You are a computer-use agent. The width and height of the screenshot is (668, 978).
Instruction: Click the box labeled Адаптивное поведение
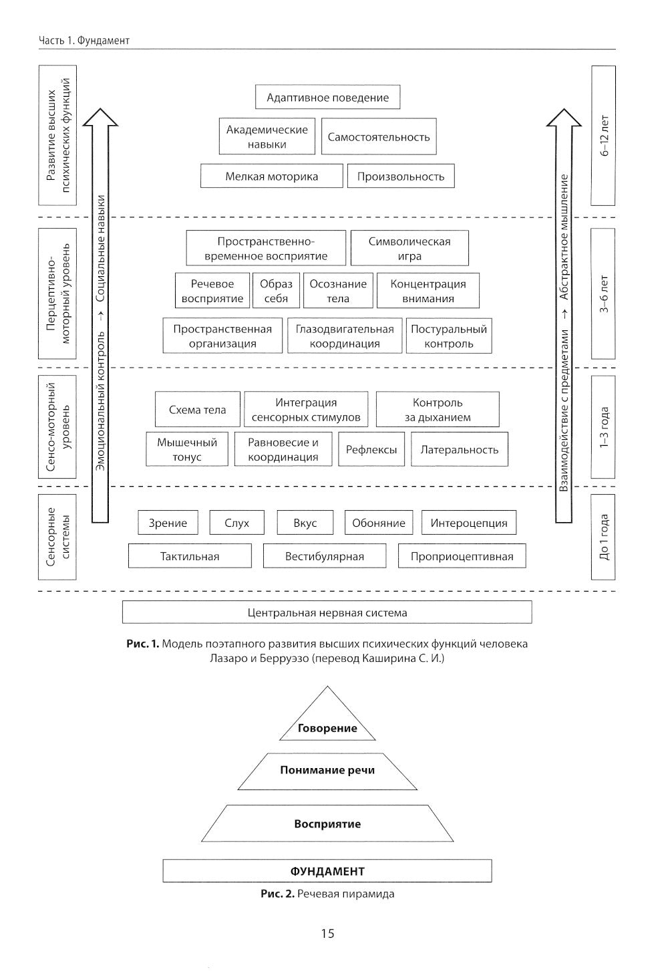pos(327,98)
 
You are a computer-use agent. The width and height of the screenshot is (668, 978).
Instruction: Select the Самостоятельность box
pos(378,137)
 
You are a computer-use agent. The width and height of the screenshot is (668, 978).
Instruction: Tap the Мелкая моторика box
pos(271,176)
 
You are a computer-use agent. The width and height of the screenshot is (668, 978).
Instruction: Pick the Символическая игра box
pos(409,249)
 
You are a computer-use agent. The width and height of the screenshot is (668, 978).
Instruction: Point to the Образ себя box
pos(276,291)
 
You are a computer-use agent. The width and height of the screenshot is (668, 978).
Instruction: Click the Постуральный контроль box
pos(449,336)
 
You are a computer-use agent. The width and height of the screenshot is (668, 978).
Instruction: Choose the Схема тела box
pos(197,410)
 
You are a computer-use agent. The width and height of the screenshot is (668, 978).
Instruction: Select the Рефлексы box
pos(371,449)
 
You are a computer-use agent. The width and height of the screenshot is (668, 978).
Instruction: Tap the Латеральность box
pos(459,449)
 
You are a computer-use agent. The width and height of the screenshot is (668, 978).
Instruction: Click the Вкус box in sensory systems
pos(305,523)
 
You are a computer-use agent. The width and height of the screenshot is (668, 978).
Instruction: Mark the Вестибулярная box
pos(325,556)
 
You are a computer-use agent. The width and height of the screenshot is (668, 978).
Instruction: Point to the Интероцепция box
pos(469,523)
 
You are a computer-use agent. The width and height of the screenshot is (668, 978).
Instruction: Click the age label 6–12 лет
pos(603,136)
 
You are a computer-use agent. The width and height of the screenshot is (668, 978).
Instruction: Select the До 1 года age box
pos(603,537)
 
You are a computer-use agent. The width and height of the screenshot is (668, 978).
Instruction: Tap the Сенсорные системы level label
pos(57,537)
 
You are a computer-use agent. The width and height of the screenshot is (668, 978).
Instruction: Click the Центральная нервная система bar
pos(327,612)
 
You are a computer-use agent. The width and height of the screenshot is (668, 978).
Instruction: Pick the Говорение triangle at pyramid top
pos(327,722)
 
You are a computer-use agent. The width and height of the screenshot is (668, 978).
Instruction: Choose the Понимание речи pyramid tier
pos(327,770)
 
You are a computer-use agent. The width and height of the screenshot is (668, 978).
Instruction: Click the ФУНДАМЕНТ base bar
pos(327,871)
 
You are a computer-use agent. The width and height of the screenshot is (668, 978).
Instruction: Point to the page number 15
pos(327,933)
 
